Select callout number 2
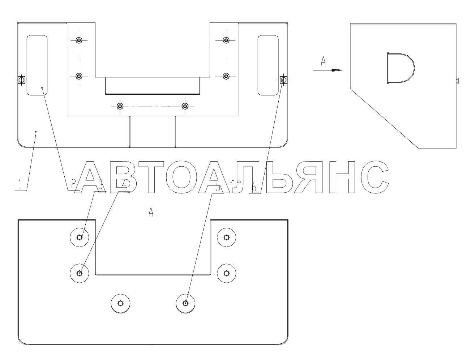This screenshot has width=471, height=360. (x=74, y=185)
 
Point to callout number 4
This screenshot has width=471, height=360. (x=124, y=185)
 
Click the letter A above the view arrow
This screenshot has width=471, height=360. (x=324, y=61)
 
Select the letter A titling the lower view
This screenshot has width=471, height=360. (x=151, y=212)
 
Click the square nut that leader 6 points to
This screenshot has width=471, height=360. (x=284, y=79)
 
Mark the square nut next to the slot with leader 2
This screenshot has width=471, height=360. (x=21, y=80)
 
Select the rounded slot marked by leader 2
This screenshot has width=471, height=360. (x=37, y=65)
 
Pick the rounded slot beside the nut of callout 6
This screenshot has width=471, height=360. (x=268, y=65)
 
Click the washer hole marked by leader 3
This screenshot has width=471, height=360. (x=80, y=237)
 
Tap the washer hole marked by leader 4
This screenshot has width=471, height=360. (x=80, y=273)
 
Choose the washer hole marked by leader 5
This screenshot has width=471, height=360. (x=185, y=303)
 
